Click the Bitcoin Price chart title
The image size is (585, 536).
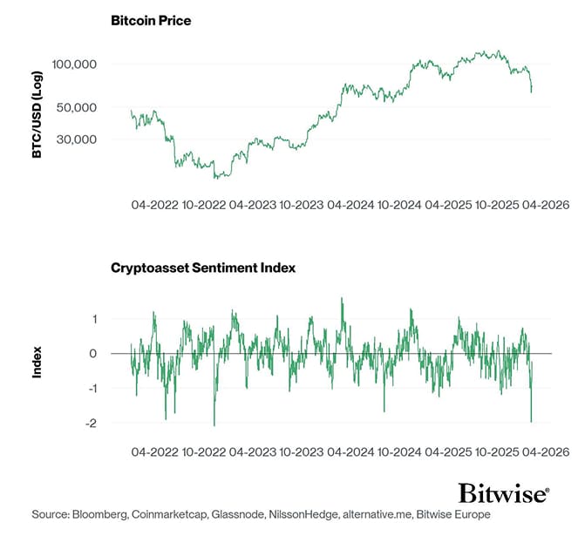click(x=151, y=19)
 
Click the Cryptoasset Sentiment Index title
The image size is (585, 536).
click(x=203, y=268)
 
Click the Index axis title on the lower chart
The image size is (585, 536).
click(x=37, y=363)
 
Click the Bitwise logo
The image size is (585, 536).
click(x=504, y=493)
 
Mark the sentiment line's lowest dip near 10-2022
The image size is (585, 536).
click(x=214, y=425)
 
